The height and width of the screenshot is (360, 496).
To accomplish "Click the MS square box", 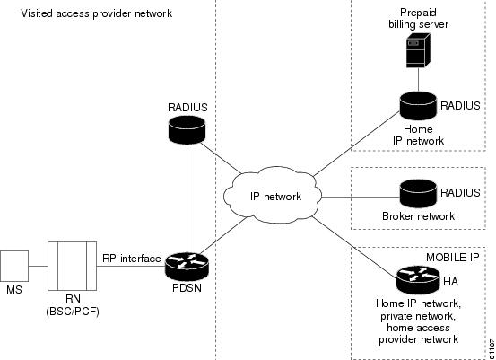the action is (14, 267).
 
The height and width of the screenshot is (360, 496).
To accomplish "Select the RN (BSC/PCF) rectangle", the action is (72, 266).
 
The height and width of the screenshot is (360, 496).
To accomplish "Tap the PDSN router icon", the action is (187, 267).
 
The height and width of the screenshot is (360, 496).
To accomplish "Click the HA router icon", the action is (418, 280).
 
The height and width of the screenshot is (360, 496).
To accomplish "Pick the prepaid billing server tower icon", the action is (418, 50).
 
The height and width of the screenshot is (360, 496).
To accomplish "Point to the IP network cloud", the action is (273, 196).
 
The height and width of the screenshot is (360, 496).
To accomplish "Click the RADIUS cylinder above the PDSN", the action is (187, 129).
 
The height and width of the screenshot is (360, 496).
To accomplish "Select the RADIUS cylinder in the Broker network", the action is (418, 193).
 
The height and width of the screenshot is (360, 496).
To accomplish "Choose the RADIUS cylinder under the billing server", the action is (418, 106).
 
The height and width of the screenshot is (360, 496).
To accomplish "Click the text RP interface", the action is (132, 259).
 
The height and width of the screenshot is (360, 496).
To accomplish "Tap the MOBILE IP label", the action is (453, 258).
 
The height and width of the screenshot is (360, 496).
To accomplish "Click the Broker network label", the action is (418, 216).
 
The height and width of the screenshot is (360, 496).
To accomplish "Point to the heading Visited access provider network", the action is (97, 13).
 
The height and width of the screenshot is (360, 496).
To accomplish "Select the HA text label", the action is (450, 282).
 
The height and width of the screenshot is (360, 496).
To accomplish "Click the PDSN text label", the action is (187, 288).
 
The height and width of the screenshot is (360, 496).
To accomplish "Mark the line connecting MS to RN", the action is (38, 266).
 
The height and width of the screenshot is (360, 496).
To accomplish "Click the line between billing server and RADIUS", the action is (418, 80).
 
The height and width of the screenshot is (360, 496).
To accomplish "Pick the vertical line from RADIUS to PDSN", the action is (187, 198).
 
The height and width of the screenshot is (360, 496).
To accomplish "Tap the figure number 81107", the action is (492, 348).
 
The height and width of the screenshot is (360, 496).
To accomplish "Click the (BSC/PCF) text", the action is (73, 312).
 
